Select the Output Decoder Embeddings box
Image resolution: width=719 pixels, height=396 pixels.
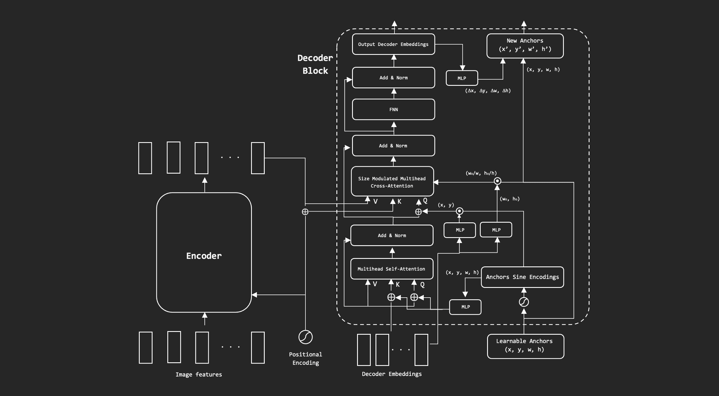click(393, 44)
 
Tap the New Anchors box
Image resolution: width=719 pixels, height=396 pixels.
click(525, 46)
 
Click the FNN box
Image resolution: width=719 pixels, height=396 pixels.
click(393, 109)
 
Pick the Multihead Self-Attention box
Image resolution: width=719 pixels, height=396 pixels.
click(391, 269)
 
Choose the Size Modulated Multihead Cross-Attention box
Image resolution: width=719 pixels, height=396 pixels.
click(392, 182)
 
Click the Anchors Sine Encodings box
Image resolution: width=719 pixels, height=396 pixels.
click(522, 277)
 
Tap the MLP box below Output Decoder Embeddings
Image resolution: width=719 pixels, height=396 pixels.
click(462, 78)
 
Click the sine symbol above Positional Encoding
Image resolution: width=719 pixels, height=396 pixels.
click(305, 337)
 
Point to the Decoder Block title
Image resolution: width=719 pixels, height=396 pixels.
click(315, 64)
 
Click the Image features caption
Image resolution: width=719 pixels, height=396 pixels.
click(199, 374)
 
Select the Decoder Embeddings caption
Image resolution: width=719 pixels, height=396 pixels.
click(392, 374)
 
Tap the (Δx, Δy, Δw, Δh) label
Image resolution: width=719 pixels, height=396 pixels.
click(488, 91)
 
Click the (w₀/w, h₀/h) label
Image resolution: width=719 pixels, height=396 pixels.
click(481, 173)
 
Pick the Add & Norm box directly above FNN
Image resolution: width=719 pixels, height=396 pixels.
click(393, 78)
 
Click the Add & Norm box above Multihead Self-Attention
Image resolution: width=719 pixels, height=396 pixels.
click(392, 235)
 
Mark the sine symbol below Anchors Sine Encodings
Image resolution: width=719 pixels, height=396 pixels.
click(524, 302)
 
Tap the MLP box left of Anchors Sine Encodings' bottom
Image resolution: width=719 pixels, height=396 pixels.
click(465, 307)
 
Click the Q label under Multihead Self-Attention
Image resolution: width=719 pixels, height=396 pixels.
click(422, 285)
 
